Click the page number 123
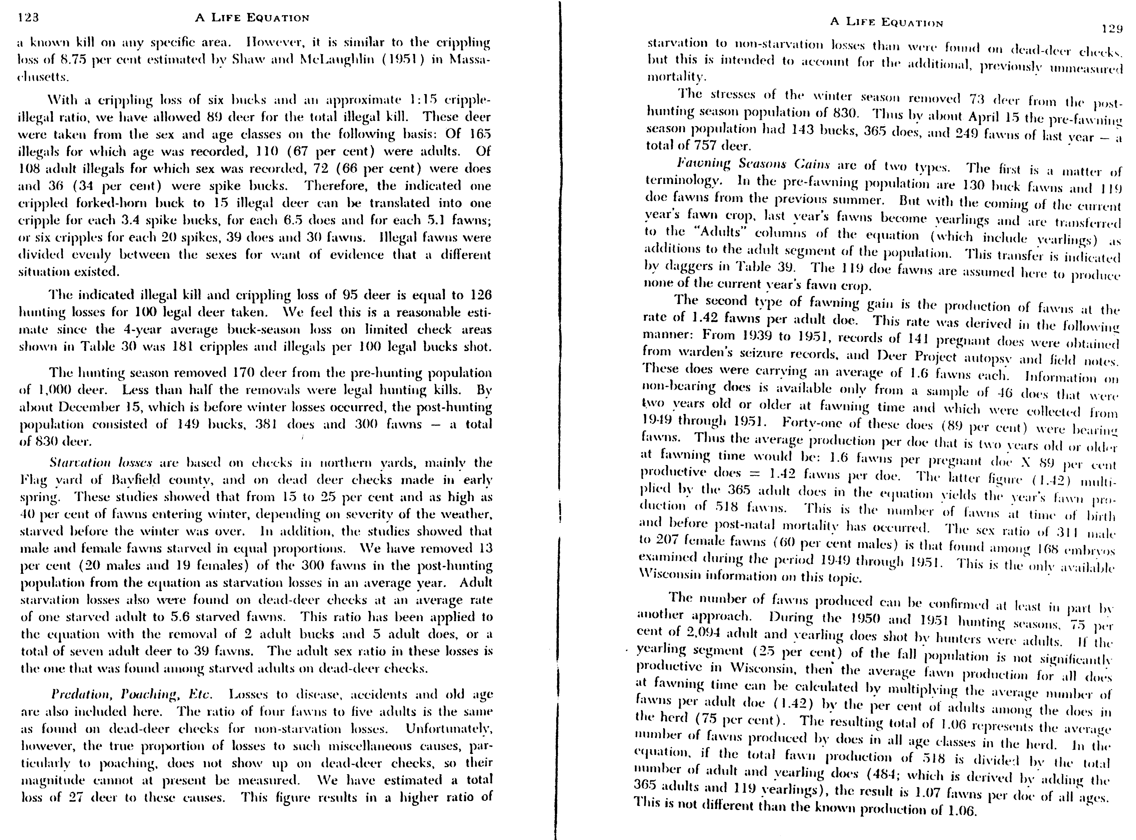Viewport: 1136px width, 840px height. (28, 18)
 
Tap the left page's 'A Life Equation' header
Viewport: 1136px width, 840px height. (252, 18)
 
